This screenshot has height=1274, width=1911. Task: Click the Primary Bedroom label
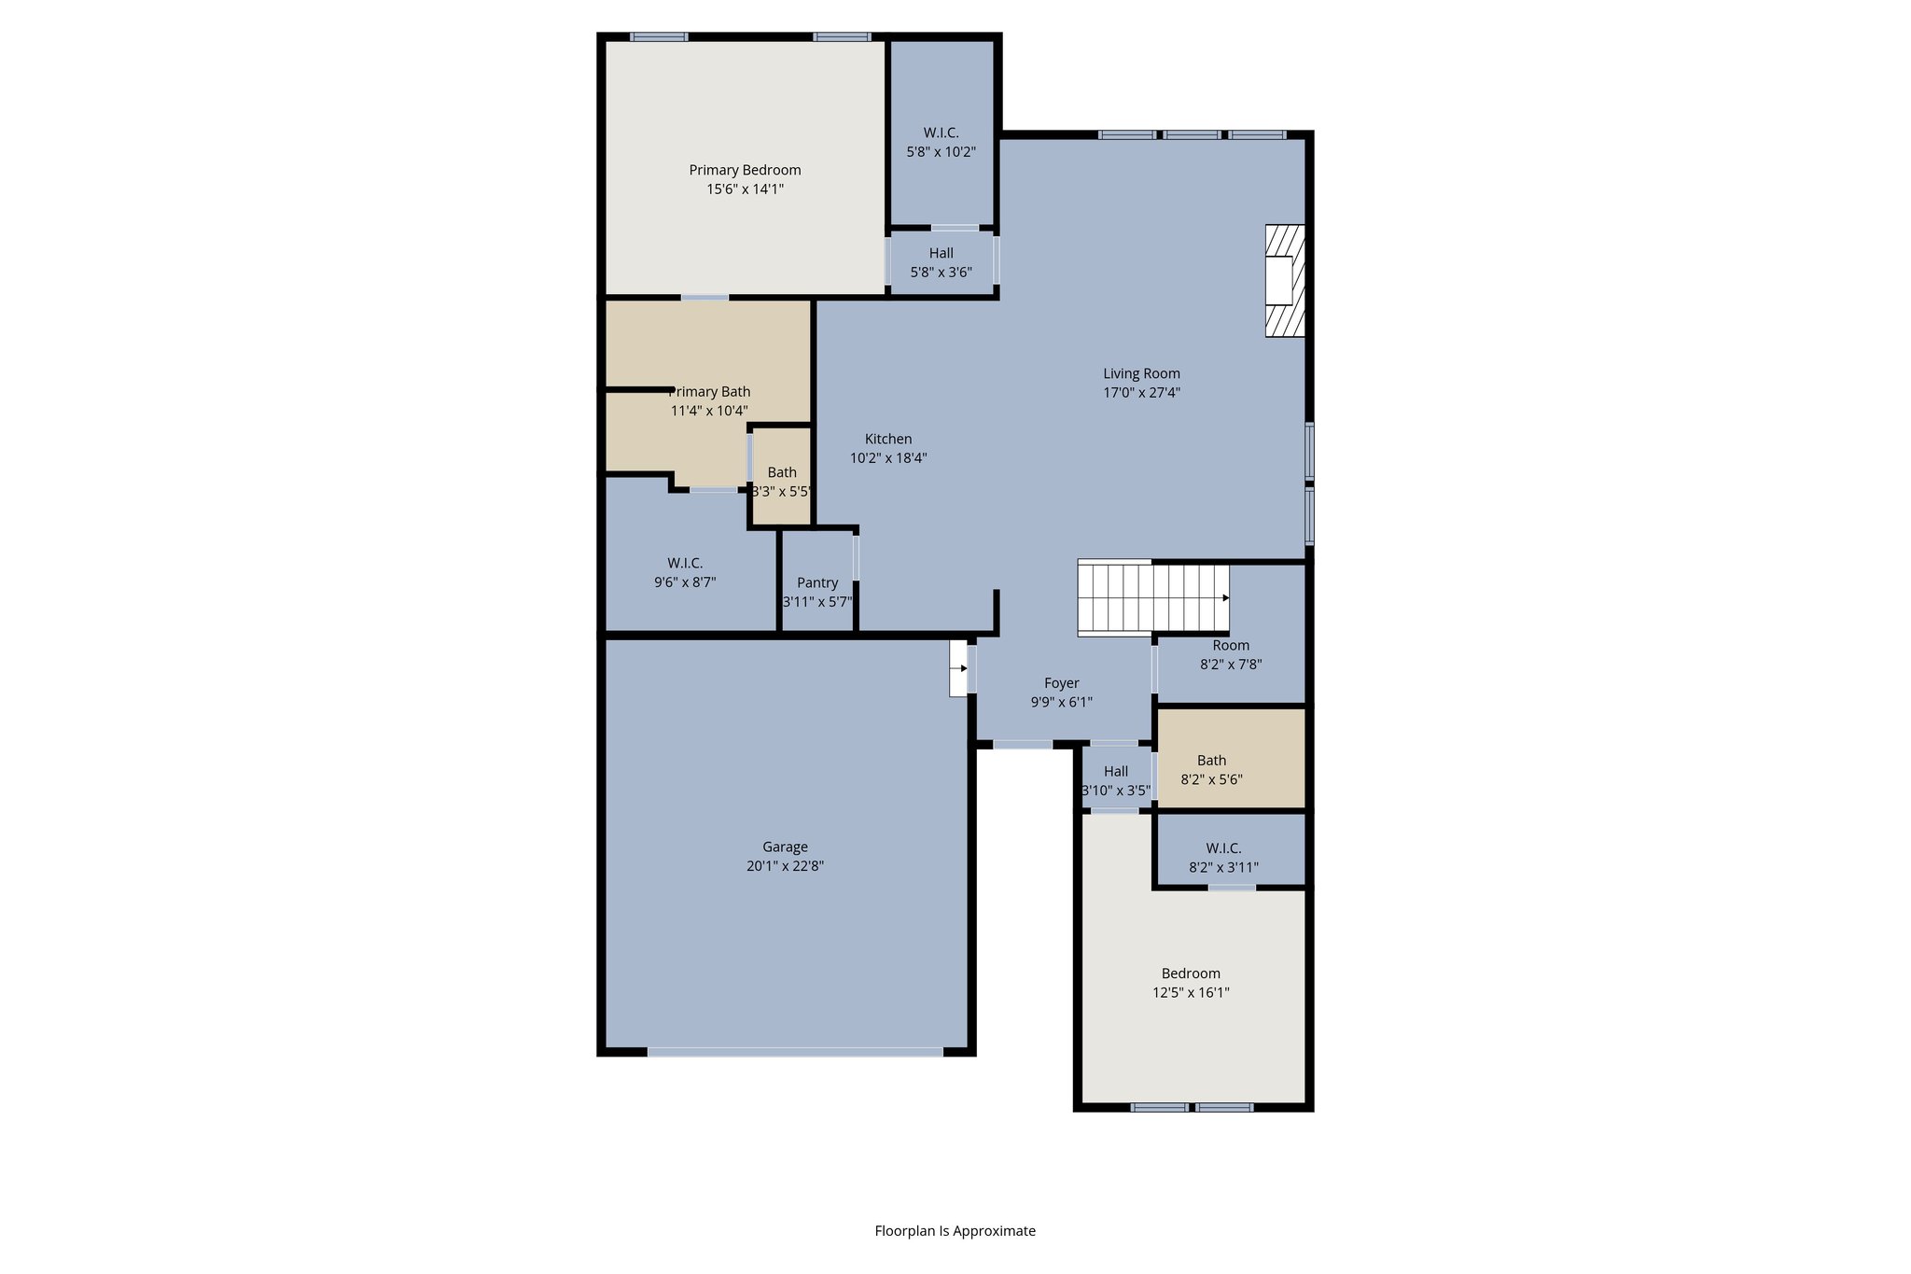[745, 170]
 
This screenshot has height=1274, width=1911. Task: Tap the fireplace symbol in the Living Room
[1284, 280]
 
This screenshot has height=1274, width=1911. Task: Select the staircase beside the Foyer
[1152, 598]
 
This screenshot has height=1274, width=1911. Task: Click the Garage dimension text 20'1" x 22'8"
[785, 866]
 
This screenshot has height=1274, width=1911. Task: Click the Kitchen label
[888, 439]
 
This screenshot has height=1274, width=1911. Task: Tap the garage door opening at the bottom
[795, 1052]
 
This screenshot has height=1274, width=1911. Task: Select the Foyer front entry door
[1023, 745]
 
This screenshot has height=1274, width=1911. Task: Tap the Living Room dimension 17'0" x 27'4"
[1141, 393]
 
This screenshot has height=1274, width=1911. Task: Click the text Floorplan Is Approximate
[955, 1231]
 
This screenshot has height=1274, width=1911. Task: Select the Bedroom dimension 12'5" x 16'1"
[1191, 993]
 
